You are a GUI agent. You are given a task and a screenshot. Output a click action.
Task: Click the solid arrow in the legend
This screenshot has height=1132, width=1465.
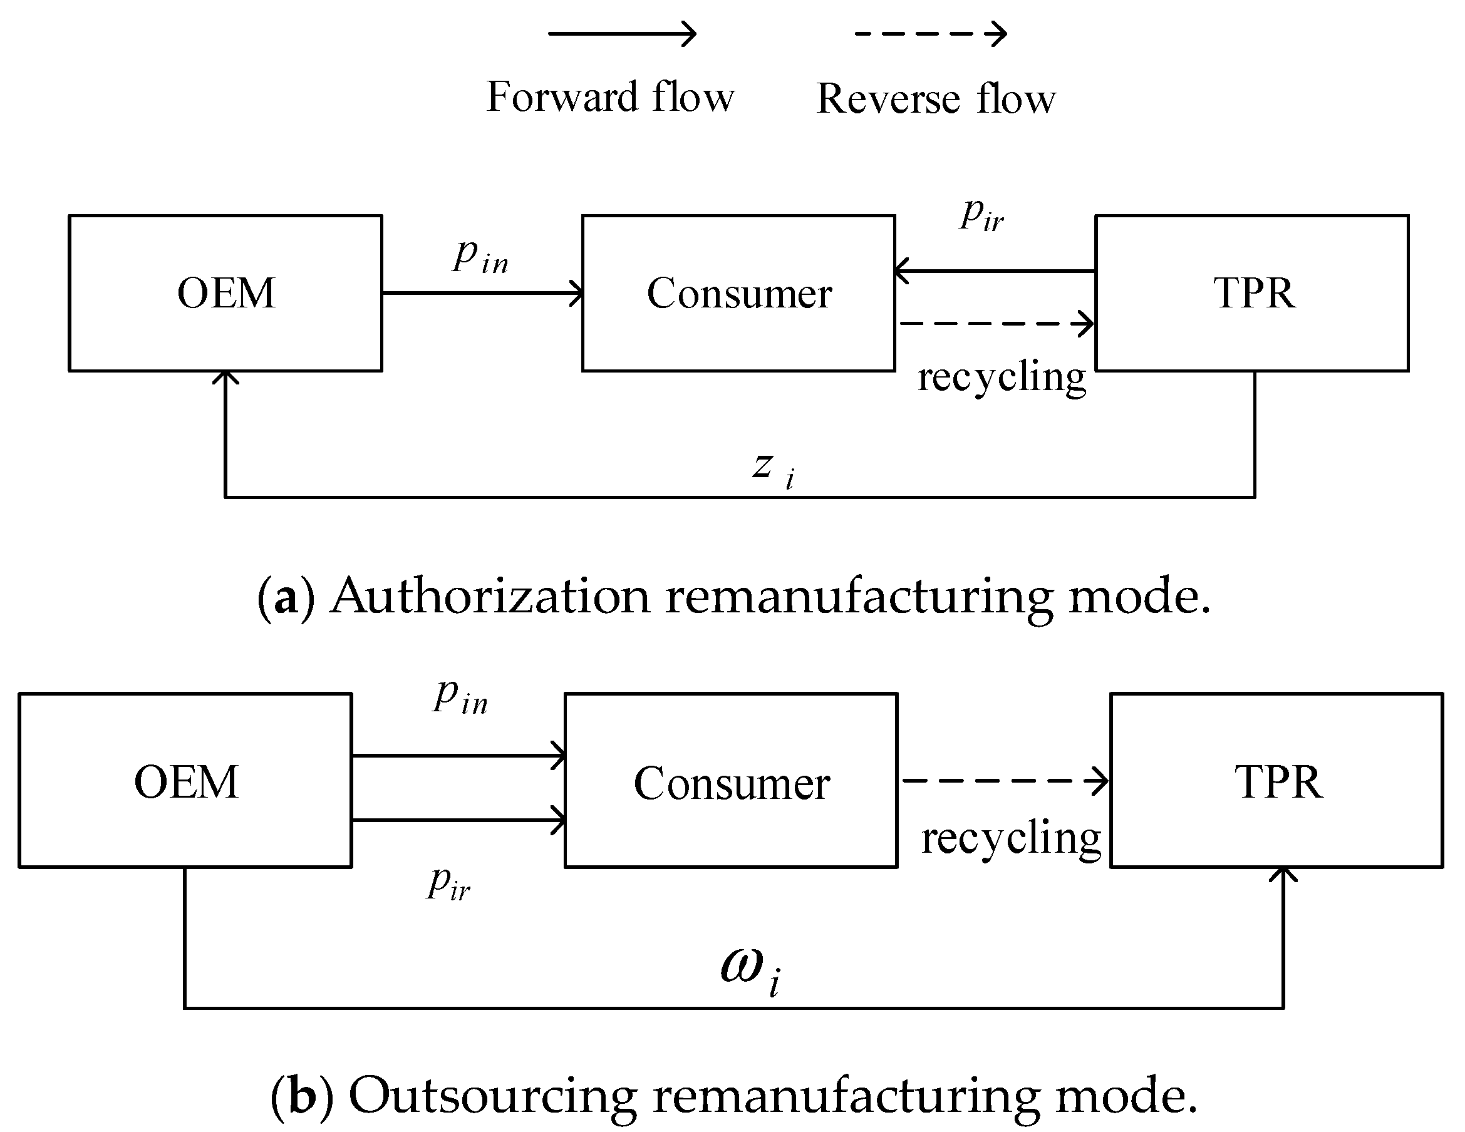623,34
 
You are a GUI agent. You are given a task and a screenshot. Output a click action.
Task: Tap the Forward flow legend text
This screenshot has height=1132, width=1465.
610,97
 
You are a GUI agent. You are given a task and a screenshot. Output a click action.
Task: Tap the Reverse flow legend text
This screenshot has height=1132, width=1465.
936,98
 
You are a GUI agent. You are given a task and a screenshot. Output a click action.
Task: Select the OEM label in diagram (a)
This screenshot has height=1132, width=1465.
226,293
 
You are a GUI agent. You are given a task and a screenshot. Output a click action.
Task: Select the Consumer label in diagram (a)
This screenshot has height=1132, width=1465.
739,293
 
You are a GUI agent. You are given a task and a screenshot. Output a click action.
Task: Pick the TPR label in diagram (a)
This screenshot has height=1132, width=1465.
1254,293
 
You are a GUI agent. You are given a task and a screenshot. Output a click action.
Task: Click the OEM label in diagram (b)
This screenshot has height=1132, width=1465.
186,782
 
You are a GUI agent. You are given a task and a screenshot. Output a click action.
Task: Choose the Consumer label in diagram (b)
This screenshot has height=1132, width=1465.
732,783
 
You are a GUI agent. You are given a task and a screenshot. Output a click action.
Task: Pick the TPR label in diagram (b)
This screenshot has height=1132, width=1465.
1278,782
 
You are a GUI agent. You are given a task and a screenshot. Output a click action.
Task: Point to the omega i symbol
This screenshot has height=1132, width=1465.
750,970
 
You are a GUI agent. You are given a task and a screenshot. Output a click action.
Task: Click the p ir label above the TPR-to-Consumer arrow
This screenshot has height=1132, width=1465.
981,215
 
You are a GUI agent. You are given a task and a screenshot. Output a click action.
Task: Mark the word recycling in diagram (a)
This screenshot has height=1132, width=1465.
1002,377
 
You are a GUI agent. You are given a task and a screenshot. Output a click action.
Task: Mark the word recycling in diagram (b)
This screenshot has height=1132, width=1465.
1011,838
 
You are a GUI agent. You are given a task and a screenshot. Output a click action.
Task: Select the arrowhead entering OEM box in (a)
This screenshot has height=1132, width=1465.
225,378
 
